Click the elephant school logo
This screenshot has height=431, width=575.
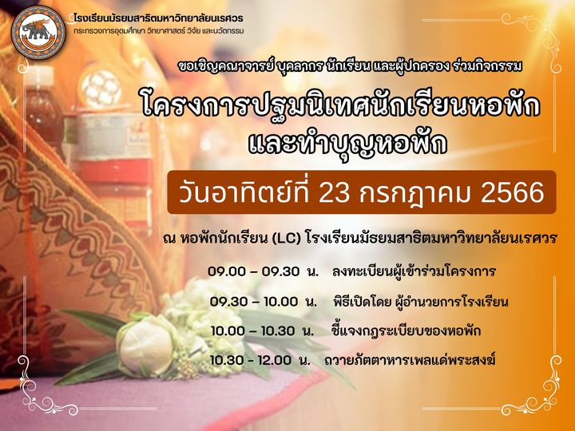pyautogui.click(x=38, y=33)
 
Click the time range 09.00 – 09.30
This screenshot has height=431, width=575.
pyautogui.click(x=253, y=271)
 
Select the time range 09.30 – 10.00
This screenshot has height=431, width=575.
pyautogui.click(x=254, y=302)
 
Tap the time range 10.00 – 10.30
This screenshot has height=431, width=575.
pyautogui.click(x=252, y=331)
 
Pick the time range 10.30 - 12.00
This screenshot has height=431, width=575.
pyautogui.click(x=251, y=360)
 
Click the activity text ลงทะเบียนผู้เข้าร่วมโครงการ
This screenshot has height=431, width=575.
pyautogui.click(x=414, y=271)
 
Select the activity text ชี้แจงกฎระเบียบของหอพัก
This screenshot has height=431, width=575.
pyautogui.click(x=406, y=331)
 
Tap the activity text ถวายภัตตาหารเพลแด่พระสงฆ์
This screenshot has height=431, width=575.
pyautogui.click(x=410, y=360)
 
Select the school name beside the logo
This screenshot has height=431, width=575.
pyautogui.click(x=158, y=18)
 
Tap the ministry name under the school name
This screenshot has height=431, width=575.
pyautogui.click(x=158, y=31)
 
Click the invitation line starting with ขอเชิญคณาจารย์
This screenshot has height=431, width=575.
pyautogui.click(x=350, y=66)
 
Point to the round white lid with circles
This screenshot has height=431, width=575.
pyautogui.click(x=100, y=87)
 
